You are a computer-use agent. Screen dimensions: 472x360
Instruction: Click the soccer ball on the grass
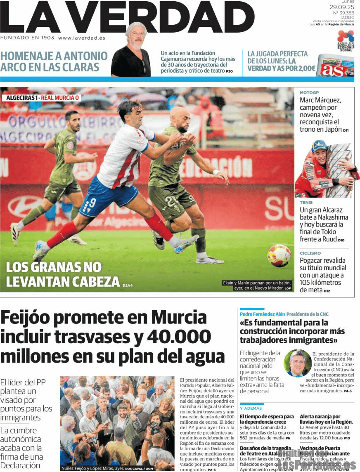tap(279, 256)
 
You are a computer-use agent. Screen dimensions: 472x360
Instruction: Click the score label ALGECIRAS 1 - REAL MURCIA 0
tap(43, 98)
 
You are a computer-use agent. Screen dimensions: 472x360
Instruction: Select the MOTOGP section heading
tap(309, 93)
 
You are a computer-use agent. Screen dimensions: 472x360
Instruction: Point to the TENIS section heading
tap(306, 203)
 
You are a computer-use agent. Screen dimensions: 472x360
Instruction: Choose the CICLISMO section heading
tap(310, 253)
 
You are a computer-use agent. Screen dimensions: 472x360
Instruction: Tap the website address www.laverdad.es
tap(81, 38)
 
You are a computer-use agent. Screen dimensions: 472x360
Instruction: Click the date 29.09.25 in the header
tap(341, 7)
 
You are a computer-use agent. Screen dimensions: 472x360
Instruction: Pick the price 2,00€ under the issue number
tap(347, 17)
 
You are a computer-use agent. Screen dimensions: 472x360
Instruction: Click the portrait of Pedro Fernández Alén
tap(297, 363)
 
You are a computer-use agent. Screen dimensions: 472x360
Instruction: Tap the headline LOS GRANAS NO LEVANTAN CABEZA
tap(63, 274)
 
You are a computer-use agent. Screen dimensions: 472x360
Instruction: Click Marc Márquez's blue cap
tap(319, 145)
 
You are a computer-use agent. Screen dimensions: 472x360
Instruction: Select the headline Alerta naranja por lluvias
tap(326, 419)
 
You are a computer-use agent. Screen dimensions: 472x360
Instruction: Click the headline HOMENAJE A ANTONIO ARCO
tap(54, 61)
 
